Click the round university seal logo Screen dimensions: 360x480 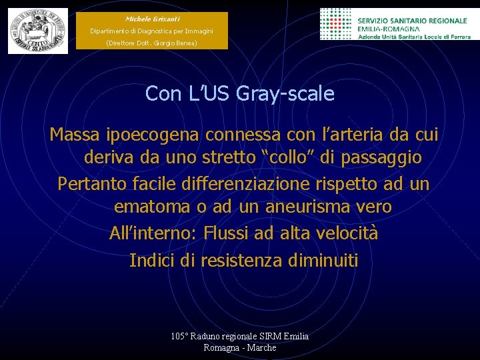click(x=38, y=31)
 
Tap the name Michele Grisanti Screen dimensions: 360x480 click(x=151, y=19)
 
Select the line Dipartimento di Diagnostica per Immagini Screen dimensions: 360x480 click(x=151, y=31)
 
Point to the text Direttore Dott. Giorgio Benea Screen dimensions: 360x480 click(x=151, y=43)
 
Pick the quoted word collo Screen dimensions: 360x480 click(x=295, y=158)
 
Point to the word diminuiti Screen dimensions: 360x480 click(x=323, y=259)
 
